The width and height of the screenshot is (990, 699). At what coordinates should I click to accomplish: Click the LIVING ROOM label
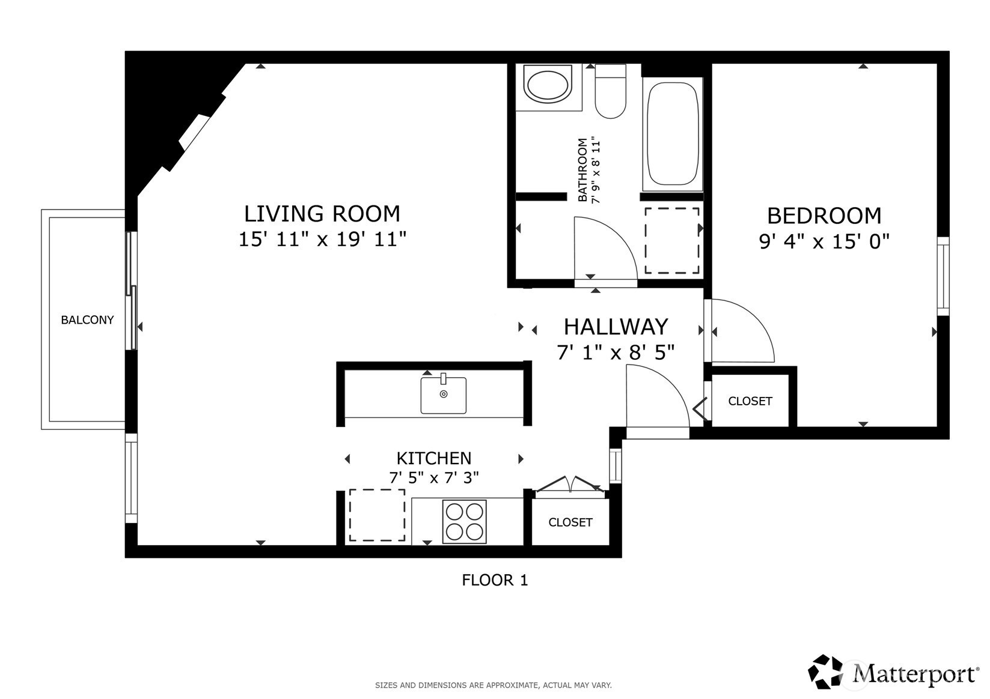pyautogui.click(x=322, y=214)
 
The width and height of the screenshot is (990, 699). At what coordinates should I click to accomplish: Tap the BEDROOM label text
pyautogui.click(x=824, y=216)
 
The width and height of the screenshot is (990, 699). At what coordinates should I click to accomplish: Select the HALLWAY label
pyautogui.click(x=616, y=327)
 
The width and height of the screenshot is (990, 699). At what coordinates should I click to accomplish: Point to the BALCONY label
pyautogui.click(x=88, y=319)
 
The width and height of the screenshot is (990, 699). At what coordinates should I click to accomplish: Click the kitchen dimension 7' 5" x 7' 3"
pyautogui.click(x=434, y=477)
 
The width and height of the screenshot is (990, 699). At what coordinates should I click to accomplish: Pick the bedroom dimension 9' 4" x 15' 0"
pyautogui.click(x=824, y=241)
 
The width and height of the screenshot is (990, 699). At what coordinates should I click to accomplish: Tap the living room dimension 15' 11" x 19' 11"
pyautogui.click(x=322, y=240)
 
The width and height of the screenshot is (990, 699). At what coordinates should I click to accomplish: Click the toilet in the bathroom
pyautogui.click(x=610, y=91)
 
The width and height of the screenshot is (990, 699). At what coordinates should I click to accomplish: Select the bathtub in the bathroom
pyautogui.click(x=673, y=134)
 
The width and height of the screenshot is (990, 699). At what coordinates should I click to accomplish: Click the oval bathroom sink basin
pyautogui.click(x=548, y=85)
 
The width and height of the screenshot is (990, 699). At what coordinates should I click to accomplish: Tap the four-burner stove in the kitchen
pyautogui.click(x=465, y=521)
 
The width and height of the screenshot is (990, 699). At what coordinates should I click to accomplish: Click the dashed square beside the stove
pyautogui.click(x=377, y=515)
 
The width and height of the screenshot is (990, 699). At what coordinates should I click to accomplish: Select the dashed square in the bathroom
pyautogui.click(x=672, y=241)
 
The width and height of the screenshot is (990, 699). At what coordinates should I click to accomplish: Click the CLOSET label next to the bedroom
pyautogui.click(x=750, y=401)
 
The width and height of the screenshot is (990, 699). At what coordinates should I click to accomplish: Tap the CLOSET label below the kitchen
pyautogui.click(x=570, y=522)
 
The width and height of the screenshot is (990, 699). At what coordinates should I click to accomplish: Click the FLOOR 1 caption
pyautogui.click(x=495, y=579)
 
